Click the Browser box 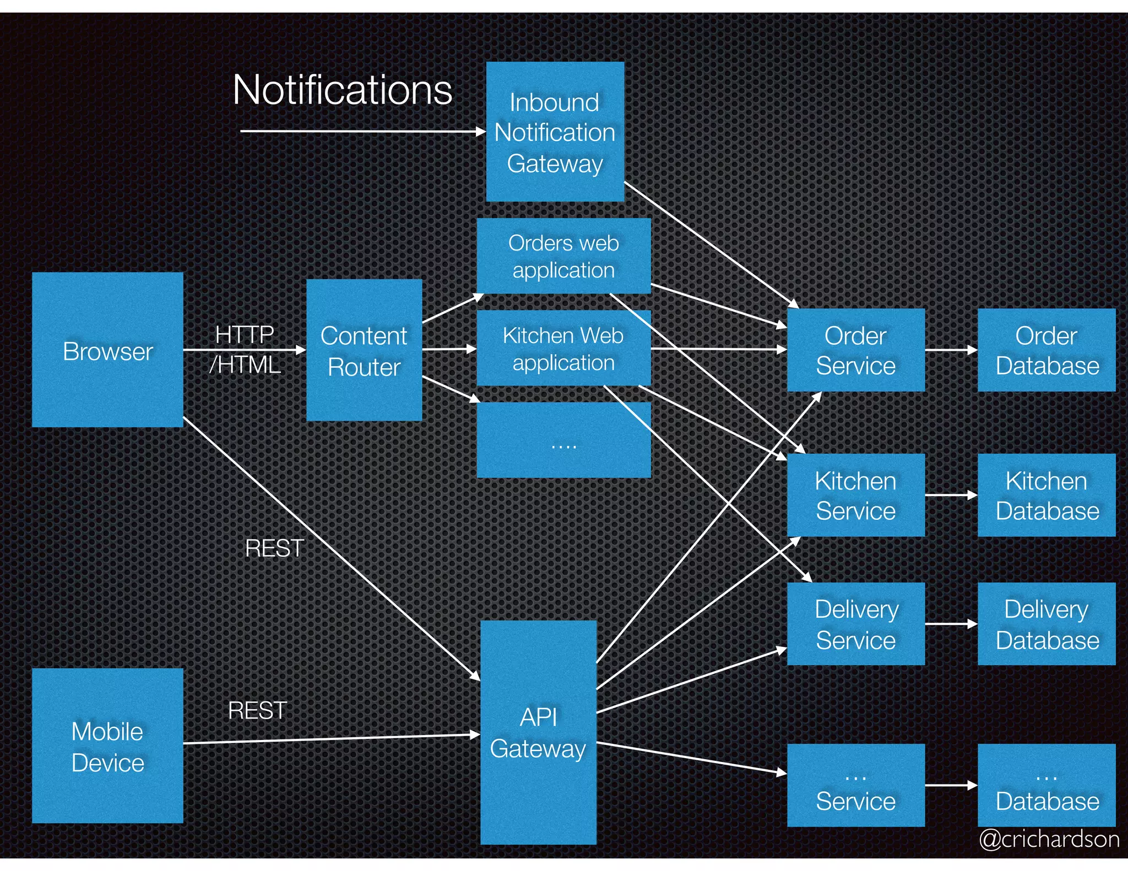107,350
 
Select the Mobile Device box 107,745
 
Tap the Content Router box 364,350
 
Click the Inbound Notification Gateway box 555,132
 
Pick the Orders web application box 563,256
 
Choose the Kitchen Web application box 563,348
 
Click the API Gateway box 538,732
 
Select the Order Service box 855,350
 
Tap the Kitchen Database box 1046,495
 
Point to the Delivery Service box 855,624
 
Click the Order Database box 1046,350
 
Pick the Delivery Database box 1046,624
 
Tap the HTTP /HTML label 245,349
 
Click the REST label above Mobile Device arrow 257,710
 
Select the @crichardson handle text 1049,839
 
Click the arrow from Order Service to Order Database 951,350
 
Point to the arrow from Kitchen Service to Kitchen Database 951,495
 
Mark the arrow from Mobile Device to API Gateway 330,739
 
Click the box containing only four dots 563,440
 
